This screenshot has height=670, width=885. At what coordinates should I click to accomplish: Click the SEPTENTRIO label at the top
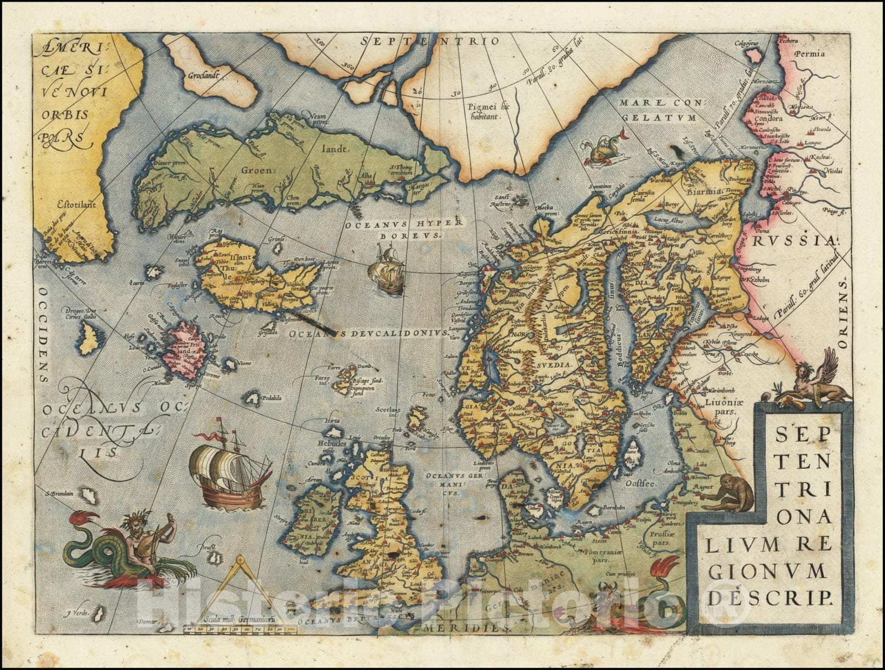pos(430,41)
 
